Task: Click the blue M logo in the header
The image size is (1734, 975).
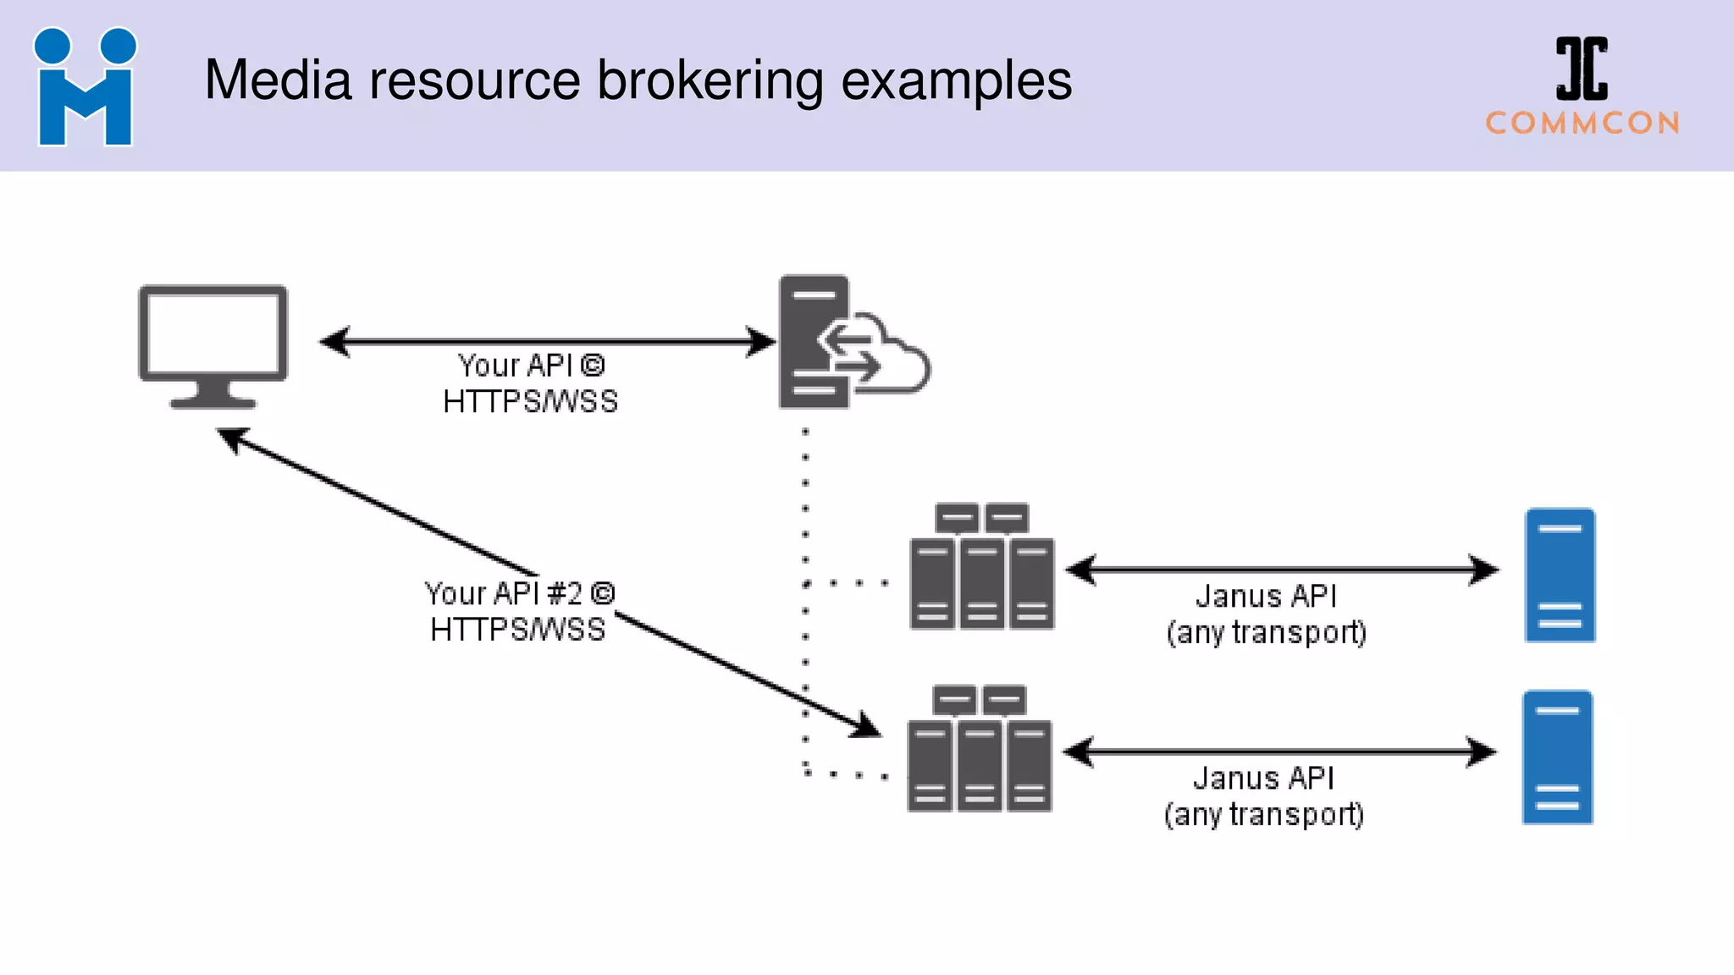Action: click(85, 87)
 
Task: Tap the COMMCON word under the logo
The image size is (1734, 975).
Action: click(1582, 124)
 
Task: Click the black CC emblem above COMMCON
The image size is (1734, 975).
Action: click(1582, 69)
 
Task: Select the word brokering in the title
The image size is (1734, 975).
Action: click(710, 81)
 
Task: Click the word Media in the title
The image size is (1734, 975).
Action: click(278, 81)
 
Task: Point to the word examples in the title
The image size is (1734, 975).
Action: click(956, 81)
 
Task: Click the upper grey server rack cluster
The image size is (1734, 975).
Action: click(981, 567)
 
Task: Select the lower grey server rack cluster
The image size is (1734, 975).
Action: click(980, 749)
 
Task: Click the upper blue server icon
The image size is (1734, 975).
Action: click(1560, 576)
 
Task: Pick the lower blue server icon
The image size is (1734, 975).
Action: click(1557, 757)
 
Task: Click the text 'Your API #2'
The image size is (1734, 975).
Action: click(505, 594)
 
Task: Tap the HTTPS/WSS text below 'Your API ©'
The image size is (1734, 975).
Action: click(530, 402)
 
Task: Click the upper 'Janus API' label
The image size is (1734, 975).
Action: click(1266, 597)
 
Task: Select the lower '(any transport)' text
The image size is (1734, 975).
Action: click(1263, 815)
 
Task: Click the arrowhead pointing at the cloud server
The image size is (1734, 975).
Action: click(760, 342)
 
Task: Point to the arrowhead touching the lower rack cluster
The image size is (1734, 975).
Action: click(865, 726)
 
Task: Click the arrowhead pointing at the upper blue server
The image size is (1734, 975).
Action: click(1483, 570)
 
